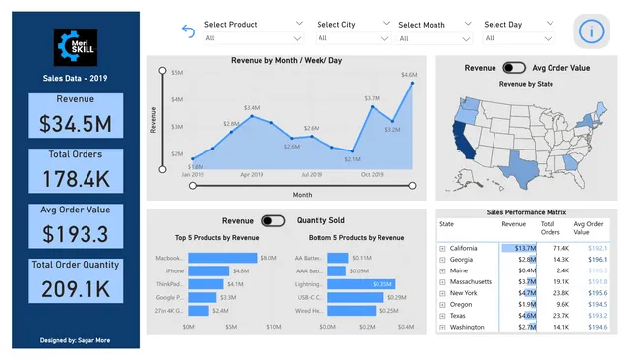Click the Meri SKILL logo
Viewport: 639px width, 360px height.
(76, 46)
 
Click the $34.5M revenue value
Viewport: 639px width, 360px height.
(76, 124)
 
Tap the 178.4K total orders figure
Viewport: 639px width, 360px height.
(76, 179)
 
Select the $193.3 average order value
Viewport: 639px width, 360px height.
(76, 234)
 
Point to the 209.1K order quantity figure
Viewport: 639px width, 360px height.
(76, 289)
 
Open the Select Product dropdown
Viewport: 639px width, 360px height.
(254, 37)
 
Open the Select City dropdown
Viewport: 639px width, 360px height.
(353, 37)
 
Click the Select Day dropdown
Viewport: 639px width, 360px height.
(517, 37)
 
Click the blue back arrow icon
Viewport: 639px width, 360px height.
(189, 31)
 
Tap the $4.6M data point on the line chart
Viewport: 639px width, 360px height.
(411, 83)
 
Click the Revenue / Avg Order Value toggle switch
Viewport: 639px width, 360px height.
(513, 68)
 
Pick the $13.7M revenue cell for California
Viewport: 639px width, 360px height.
(518, 249)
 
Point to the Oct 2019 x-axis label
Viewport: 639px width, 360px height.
(372, 175)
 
